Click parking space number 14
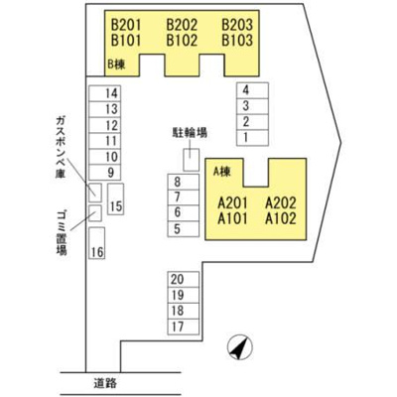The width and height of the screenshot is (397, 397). [104, 93]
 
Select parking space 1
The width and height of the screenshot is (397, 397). [252, 138]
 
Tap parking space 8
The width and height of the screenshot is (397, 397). [184, 182]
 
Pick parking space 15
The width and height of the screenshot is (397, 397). [116, 199]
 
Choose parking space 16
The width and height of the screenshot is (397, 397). [97, 243]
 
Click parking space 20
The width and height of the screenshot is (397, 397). [184, 280]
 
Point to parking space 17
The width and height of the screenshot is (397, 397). [184, 328]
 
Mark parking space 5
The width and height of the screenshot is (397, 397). [184, 229]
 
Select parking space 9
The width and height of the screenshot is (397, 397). [104, 173]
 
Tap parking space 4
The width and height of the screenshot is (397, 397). [252, 90]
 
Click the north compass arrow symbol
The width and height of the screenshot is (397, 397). [240, 347]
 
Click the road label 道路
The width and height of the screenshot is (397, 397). [105, 383]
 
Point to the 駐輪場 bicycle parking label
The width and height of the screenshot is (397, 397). [190, 133]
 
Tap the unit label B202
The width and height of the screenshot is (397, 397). [182, 25]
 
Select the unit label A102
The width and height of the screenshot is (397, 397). [281, 218]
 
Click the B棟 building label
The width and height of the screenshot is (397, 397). [117, 64]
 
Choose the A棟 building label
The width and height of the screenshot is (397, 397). [221, 172]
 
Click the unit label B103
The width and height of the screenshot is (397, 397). [237, 41]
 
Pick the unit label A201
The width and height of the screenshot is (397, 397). [233, 202]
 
